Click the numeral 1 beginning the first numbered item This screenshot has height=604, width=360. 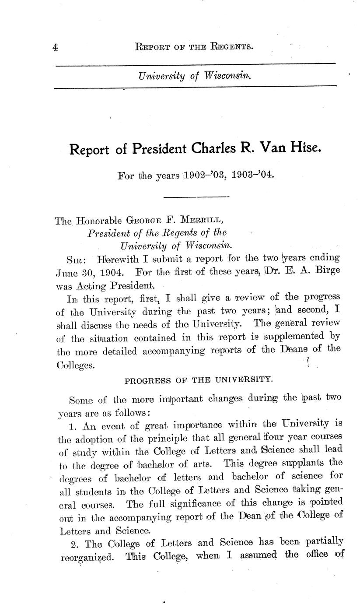[x=72, y=424]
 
